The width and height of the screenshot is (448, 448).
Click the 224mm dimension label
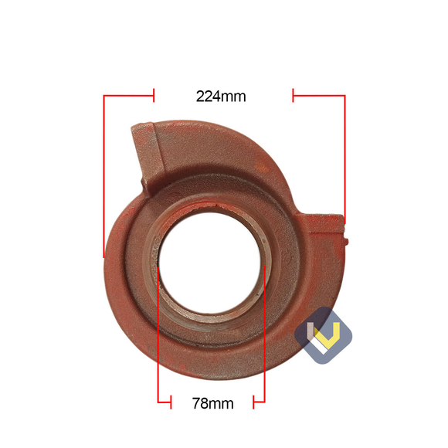pos(221,97)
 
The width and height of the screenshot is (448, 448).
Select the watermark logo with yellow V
pos(324,334)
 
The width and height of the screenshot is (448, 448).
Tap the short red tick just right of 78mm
pos(254,402)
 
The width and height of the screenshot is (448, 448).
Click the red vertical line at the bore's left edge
pos(158,332)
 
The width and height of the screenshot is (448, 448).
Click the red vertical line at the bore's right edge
pos(264,332)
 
